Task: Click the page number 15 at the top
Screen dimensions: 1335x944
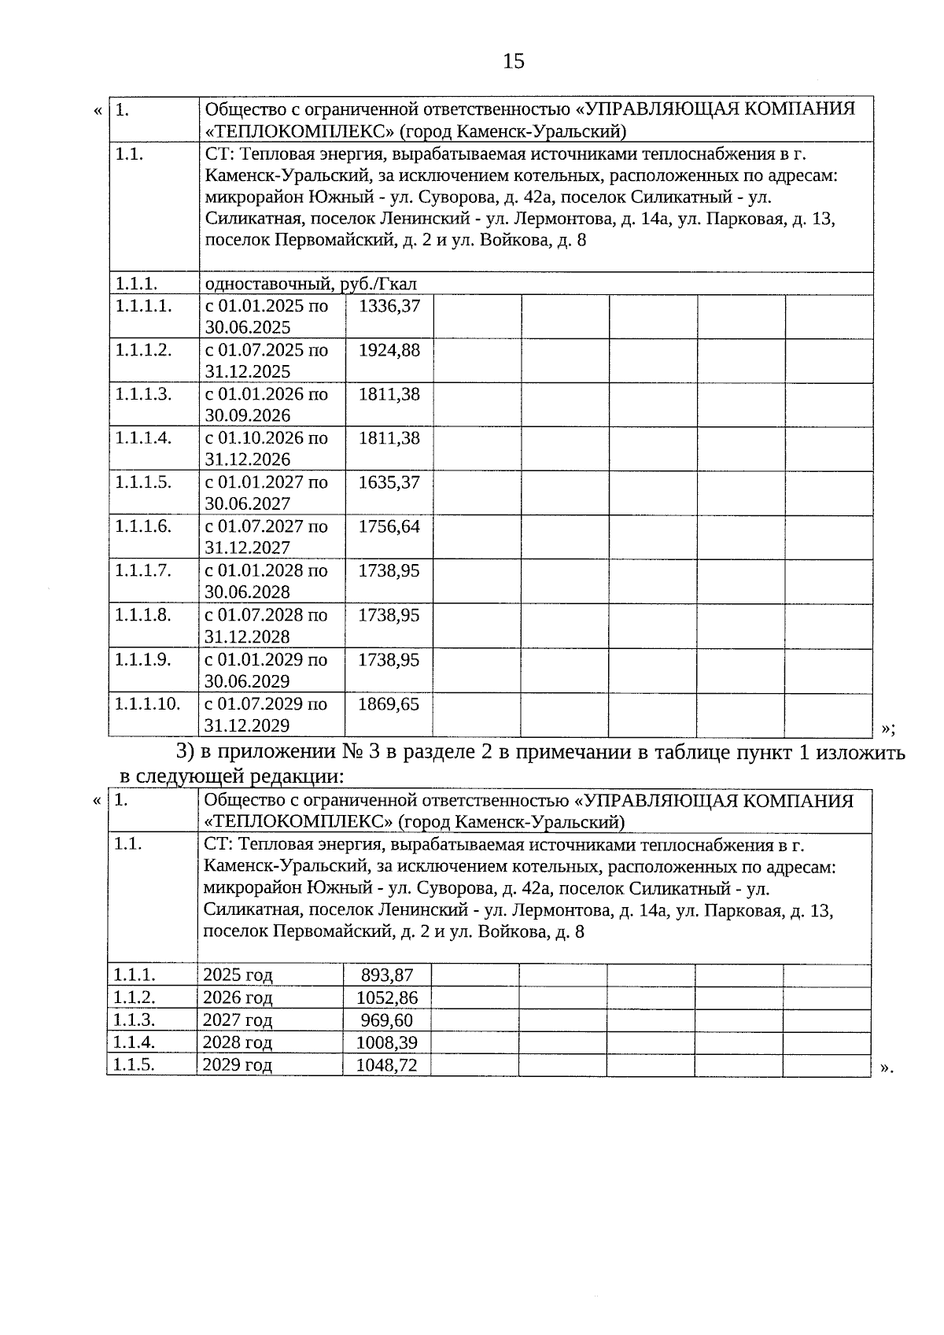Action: [x=513, y=61]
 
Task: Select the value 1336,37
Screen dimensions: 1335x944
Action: [x=389, y=306]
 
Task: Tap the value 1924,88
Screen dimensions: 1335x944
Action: [x=389, y=350]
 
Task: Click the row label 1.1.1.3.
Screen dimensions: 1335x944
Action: [x=143, y=394]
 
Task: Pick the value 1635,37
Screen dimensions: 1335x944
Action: [x=389, y=482]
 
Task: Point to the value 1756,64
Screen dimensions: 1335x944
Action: [x=389, y=526]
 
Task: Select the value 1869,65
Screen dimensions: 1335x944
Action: [x=389, y=704]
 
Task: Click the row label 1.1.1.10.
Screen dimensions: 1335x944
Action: [x=148, y=704]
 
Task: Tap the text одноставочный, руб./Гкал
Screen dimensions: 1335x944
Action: [x=311, y=284]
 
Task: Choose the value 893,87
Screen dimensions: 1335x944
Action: [x=387, y=975]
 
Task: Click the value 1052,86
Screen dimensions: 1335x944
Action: [x=387, y=998]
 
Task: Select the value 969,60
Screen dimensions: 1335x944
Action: [x=387, y=1020]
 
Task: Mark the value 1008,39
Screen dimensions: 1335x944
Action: [x=387, y=1043]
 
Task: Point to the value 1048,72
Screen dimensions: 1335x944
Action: [x=387, y=1065]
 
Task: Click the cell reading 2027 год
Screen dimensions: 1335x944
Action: [x=238, y=1020]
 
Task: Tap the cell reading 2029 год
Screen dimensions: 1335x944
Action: [x=238, y=1065]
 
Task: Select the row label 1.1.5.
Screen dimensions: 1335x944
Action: [x=134, y=1065]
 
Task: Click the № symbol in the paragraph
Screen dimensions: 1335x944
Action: [x=350, y=752]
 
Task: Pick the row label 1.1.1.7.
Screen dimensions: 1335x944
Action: [x=143, y=570]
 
